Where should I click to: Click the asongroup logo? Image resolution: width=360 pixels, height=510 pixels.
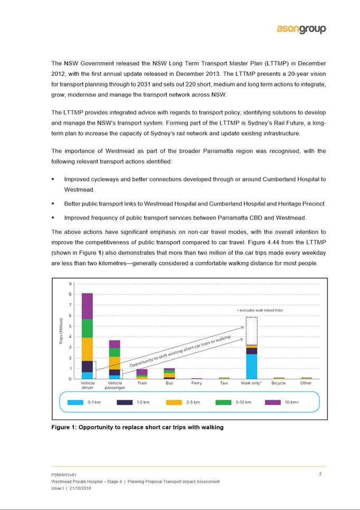(301, 29)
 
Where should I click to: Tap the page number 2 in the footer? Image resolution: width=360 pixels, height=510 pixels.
(320, 474)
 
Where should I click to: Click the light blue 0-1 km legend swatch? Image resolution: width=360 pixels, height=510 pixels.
(75, 402)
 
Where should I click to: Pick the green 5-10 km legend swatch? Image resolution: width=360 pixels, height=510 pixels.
(223, 402)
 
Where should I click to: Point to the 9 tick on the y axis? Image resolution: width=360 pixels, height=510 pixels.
(70, 284)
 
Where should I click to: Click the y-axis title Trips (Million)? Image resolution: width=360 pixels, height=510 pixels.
(61, 332)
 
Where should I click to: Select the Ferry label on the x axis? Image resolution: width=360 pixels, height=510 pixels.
(196, 383)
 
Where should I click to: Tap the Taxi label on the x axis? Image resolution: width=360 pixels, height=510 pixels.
(224, 383)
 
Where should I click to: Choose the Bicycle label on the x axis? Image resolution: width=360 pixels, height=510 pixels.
(278, 383)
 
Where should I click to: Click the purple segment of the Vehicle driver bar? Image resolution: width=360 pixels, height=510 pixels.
(87, 306)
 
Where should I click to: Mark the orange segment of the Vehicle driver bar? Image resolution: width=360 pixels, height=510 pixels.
(87, 349)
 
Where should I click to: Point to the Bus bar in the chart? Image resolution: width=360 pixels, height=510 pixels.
(169, 373)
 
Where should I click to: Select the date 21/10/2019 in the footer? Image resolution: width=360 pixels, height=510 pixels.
(78, 489)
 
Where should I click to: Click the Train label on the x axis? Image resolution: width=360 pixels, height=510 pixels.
(142, 383)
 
